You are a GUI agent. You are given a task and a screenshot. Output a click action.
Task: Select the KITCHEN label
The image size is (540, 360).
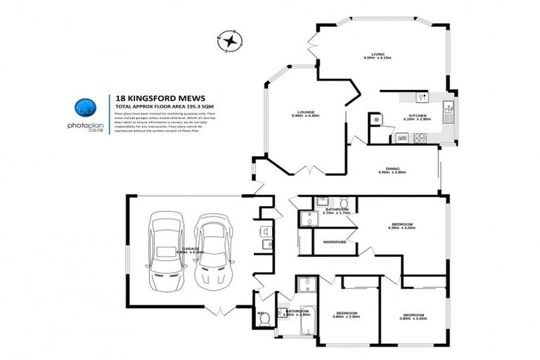[419, 115]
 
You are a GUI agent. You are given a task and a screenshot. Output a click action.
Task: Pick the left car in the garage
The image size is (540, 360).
[167, 247]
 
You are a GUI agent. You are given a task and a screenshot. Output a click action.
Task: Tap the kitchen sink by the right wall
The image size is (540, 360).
[449, 109]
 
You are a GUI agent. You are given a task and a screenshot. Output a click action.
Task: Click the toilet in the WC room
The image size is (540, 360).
[264, 319]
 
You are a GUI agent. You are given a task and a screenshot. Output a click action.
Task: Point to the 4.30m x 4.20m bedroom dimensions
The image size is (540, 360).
[402, 229]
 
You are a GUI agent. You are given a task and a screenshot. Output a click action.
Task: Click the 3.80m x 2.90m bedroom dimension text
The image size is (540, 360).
[347, 317]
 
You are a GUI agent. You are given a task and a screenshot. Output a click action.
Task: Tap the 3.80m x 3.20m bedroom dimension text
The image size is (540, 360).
[413, 319]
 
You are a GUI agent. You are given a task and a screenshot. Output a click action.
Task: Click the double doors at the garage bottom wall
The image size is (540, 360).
[221, 310]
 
